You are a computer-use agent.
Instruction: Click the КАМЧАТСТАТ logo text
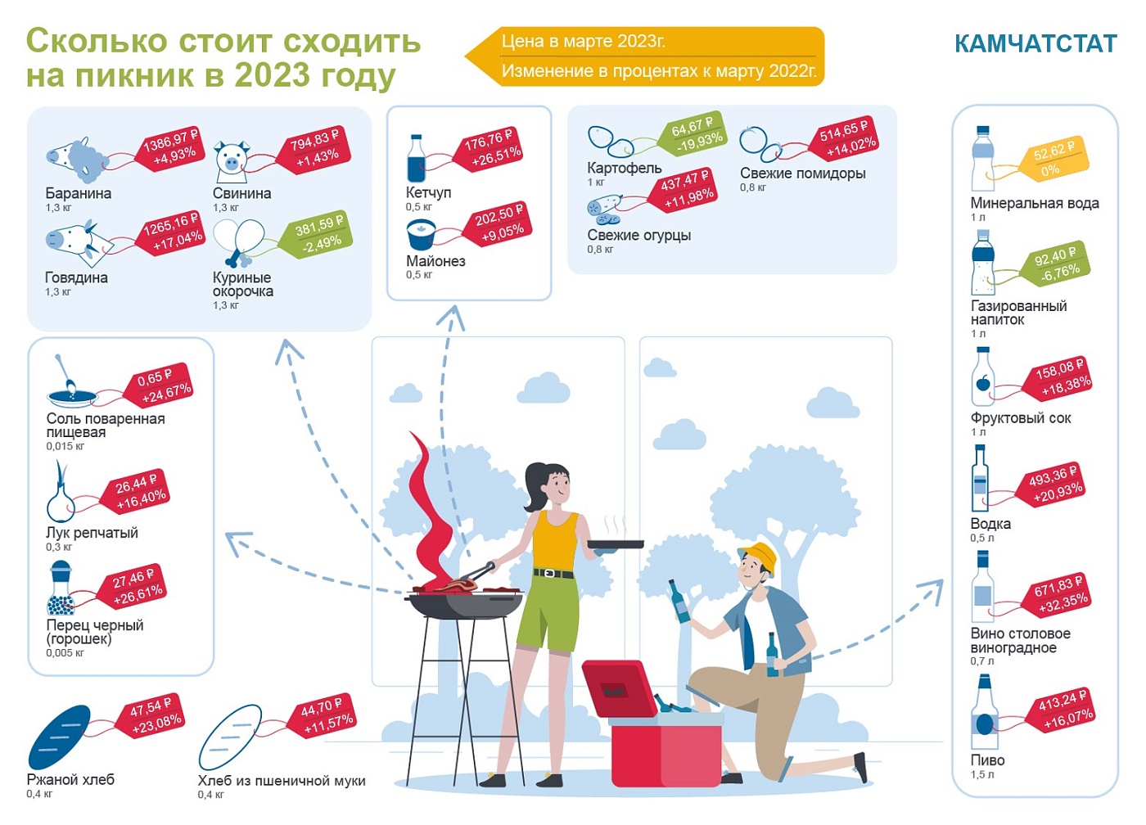(1035, 43)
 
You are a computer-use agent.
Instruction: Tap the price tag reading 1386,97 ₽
(170, 148)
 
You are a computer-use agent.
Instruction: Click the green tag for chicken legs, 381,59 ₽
(318, 234)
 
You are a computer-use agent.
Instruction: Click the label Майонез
(435, 261)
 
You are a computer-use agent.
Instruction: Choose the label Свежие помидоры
(803, 174)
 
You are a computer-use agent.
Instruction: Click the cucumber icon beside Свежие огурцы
(604, 210)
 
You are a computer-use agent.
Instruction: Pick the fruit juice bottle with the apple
(983, 376)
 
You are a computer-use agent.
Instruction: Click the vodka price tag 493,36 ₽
(1054, 484)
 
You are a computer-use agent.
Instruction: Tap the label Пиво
(987, 760)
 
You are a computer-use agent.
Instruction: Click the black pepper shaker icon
(61, 588)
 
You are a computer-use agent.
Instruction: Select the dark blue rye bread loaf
(59, 737)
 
